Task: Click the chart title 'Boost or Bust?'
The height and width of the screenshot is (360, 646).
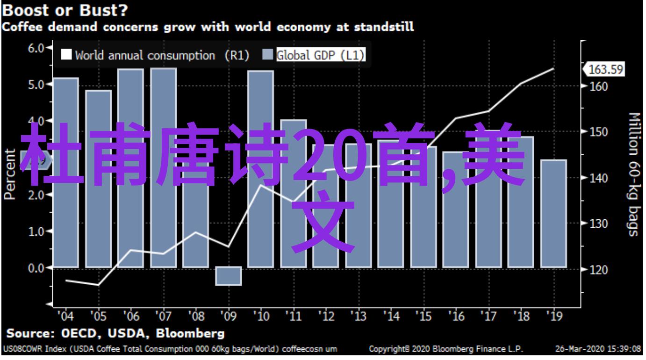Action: point(67,10)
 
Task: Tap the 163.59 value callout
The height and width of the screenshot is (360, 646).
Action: point(606,70)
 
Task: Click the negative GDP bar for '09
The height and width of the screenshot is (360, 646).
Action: point(229,276)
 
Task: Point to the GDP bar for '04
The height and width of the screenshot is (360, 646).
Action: point(65,173)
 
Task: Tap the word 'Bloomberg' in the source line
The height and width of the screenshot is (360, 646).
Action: point(190,334)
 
